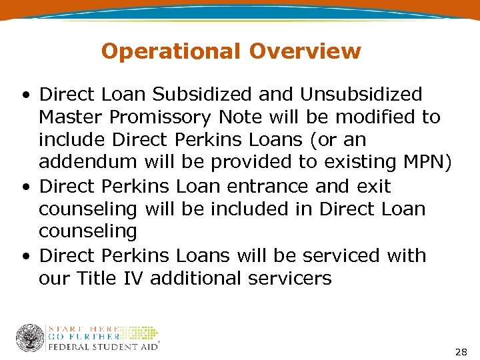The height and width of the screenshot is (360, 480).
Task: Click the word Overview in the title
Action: click(x=306, y=51)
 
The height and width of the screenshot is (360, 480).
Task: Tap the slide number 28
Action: click(x=461, y=351)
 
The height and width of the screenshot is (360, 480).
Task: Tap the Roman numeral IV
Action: click(x=134, y=278)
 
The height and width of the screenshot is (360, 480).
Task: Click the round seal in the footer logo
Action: click(x=30, y=338)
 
